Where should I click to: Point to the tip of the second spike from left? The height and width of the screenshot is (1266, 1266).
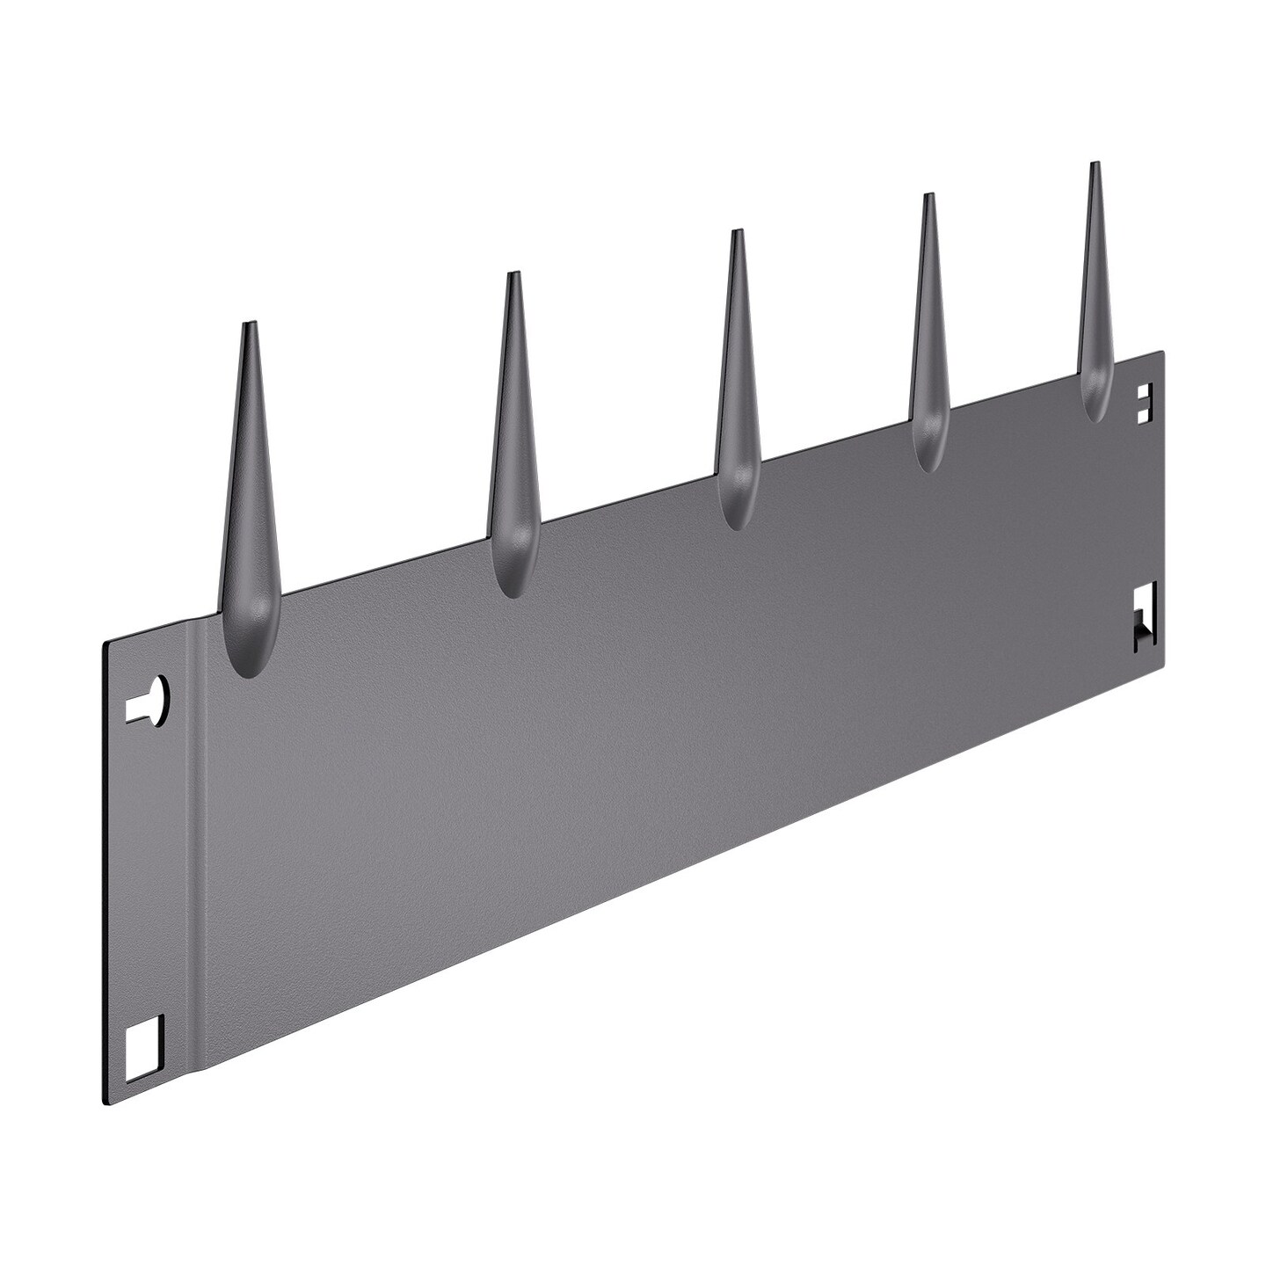point(513,275)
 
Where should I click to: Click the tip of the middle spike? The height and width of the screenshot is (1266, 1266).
point(737,232)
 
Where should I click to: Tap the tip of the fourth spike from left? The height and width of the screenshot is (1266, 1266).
point(927,196)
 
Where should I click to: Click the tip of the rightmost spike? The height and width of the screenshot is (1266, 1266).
point(1094,165)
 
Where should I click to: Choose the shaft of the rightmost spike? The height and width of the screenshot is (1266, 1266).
point(1095,281)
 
